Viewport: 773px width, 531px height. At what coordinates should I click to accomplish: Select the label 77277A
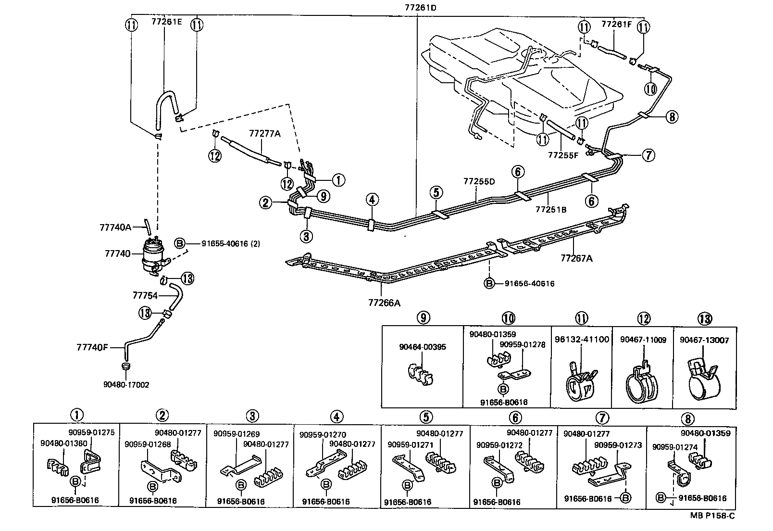click(264, 133)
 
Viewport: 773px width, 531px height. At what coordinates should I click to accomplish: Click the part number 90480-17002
click(126, 385)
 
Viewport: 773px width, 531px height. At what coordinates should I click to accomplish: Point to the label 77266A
click(384, 303)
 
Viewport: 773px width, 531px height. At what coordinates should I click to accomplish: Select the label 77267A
click(576, 258)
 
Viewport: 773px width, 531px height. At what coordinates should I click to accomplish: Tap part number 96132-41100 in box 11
click(581, 340)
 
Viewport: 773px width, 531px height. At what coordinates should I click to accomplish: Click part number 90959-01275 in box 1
click(91, 432)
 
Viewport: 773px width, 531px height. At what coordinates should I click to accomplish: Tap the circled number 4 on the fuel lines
click(372, 199)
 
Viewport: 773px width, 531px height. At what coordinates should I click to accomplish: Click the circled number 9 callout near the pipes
click(323, 196)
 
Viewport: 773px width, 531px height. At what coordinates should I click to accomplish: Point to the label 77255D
click(479, 181)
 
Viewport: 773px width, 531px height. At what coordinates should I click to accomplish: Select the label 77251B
click(551, 210)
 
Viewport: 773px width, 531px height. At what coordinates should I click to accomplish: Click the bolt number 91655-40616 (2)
click(231, 244)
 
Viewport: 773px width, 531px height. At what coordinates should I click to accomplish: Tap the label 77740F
click(92, 347)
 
